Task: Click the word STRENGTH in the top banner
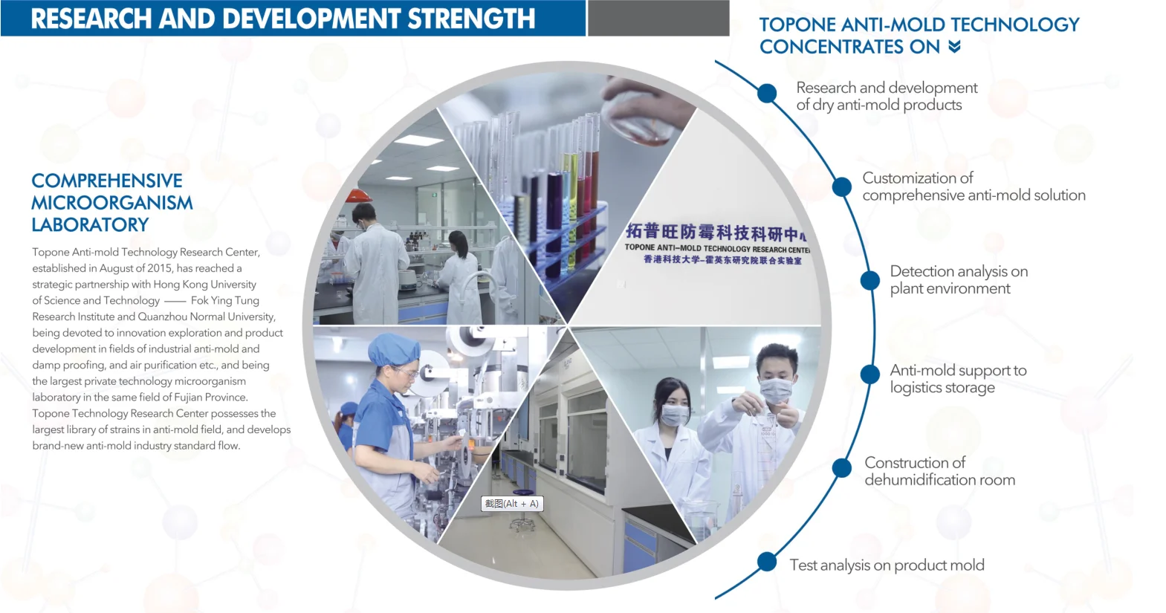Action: point(471,19)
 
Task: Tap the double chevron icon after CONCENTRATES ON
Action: point(954,47)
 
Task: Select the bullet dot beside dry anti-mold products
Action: point(767,94)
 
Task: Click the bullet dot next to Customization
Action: point(842,187)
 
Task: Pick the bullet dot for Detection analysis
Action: point(869,280)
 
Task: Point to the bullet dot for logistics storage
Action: point(869,374)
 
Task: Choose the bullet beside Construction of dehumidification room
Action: point(842,468)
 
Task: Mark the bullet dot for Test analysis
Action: point(767,562)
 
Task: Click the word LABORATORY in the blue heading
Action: point(90,225)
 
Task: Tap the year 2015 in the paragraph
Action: point(161,268)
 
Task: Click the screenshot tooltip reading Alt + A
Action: point(512,503)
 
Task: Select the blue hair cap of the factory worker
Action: point(394,348)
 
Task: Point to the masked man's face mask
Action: point(776,390)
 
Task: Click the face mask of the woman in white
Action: point(675,415)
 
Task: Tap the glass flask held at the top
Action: point(638,123)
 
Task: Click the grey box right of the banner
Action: point(658,19)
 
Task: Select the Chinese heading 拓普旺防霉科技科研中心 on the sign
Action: point(716,233)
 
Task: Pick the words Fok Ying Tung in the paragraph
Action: point(225,300)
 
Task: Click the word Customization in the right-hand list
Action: point(918,178)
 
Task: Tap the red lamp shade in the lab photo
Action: point(359,195)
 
